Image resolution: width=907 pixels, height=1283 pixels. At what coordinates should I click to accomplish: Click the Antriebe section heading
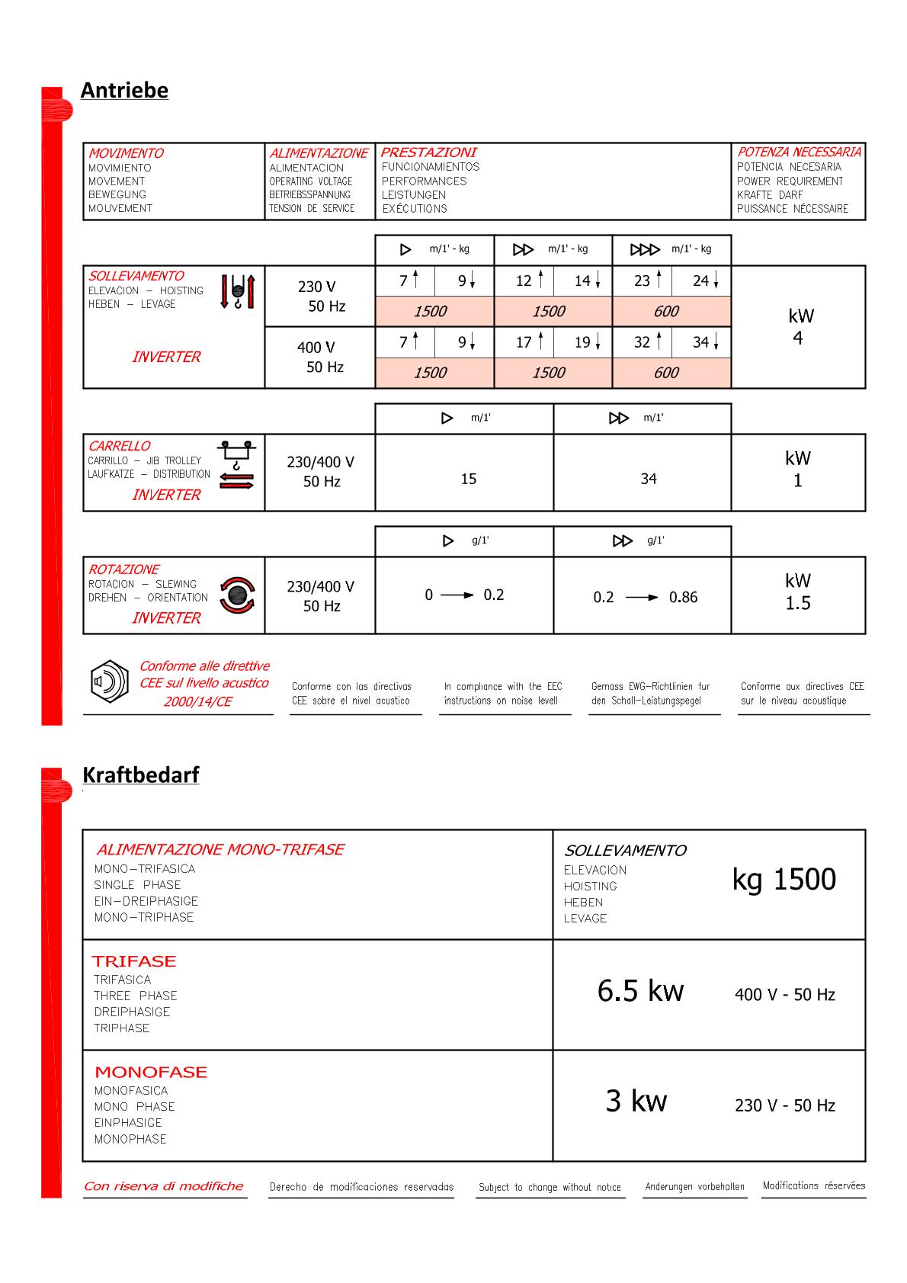pos(124,90)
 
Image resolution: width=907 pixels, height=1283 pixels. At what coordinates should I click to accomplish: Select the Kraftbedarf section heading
pos(141,775)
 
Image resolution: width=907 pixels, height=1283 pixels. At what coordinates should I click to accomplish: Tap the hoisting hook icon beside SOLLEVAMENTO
pos(238,291)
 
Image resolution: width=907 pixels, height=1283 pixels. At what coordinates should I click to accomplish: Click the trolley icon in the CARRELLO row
pos(236,464)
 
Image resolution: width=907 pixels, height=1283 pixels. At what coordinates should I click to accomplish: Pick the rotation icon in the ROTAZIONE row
pos(237,595)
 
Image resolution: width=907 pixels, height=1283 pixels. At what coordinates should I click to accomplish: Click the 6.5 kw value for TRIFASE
pos(640,990)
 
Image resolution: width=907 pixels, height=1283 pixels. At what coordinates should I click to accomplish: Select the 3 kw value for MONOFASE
pos(636,1101)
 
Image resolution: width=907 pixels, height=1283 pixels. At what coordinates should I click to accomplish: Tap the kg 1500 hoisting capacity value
pos(784,879)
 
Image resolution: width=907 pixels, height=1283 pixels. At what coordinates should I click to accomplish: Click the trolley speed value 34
pos(648,479)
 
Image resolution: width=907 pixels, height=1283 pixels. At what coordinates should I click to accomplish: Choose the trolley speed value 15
pos(468,479)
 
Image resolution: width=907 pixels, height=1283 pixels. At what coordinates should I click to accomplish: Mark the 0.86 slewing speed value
pos(683,597)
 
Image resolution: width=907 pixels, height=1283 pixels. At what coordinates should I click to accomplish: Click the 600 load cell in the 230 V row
pos(666,311)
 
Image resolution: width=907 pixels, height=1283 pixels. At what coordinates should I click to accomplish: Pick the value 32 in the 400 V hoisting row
pos(642,342)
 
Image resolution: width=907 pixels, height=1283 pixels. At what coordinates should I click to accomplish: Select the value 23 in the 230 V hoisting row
pos(642,281)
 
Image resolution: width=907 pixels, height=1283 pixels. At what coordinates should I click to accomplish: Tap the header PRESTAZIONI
pos(428,152)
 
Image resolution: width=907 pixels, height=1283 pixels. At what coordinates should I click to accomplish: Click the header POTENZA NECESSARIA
pos(799,152)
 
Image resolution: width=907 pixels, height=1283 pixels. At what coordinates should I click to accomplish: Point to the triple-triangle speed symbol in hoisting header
pos(645,249)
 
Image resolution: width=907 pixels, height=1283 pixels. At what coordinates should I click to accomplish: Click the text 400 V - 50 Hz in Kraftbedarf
pos(785,994)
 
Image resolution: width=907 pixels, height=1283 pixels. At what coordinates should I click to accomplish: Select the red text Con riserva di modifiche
pos(164,1186)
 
